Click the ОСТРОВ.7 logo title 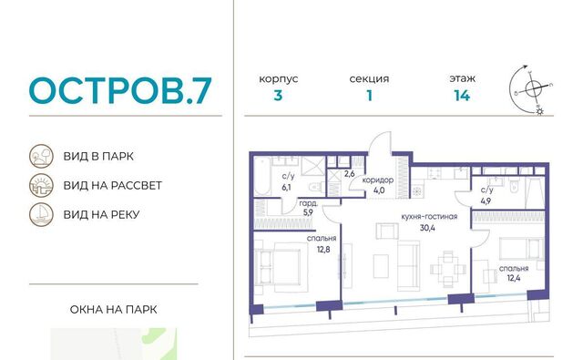click(120, 90)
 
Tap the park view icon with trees click(41, 156)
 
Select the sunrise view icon click(41, 185)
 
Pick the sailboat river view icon click(41, 214)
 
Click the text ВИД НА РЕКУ click(101, 214)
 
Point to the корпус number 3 click(278, 96)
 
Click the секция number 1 click(369, 96)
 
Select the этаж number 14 click(462, 96)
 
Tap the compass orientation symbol click(531, 89)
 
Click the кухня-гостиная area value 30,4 click(427, 228)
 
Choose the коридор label click(378, 180)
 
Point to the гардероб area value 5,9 click(308, 212)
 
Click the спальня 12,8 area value click(323, 249)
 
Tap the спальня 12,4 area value click(514, 277)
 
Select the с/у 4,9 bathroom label click(486, 190)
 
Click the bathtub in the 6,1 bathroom click(263, 176)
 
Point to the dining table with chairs click(448, 269)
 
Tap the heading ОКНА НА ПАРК click(113, 310)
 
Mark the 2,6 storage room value click(349, 174)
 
